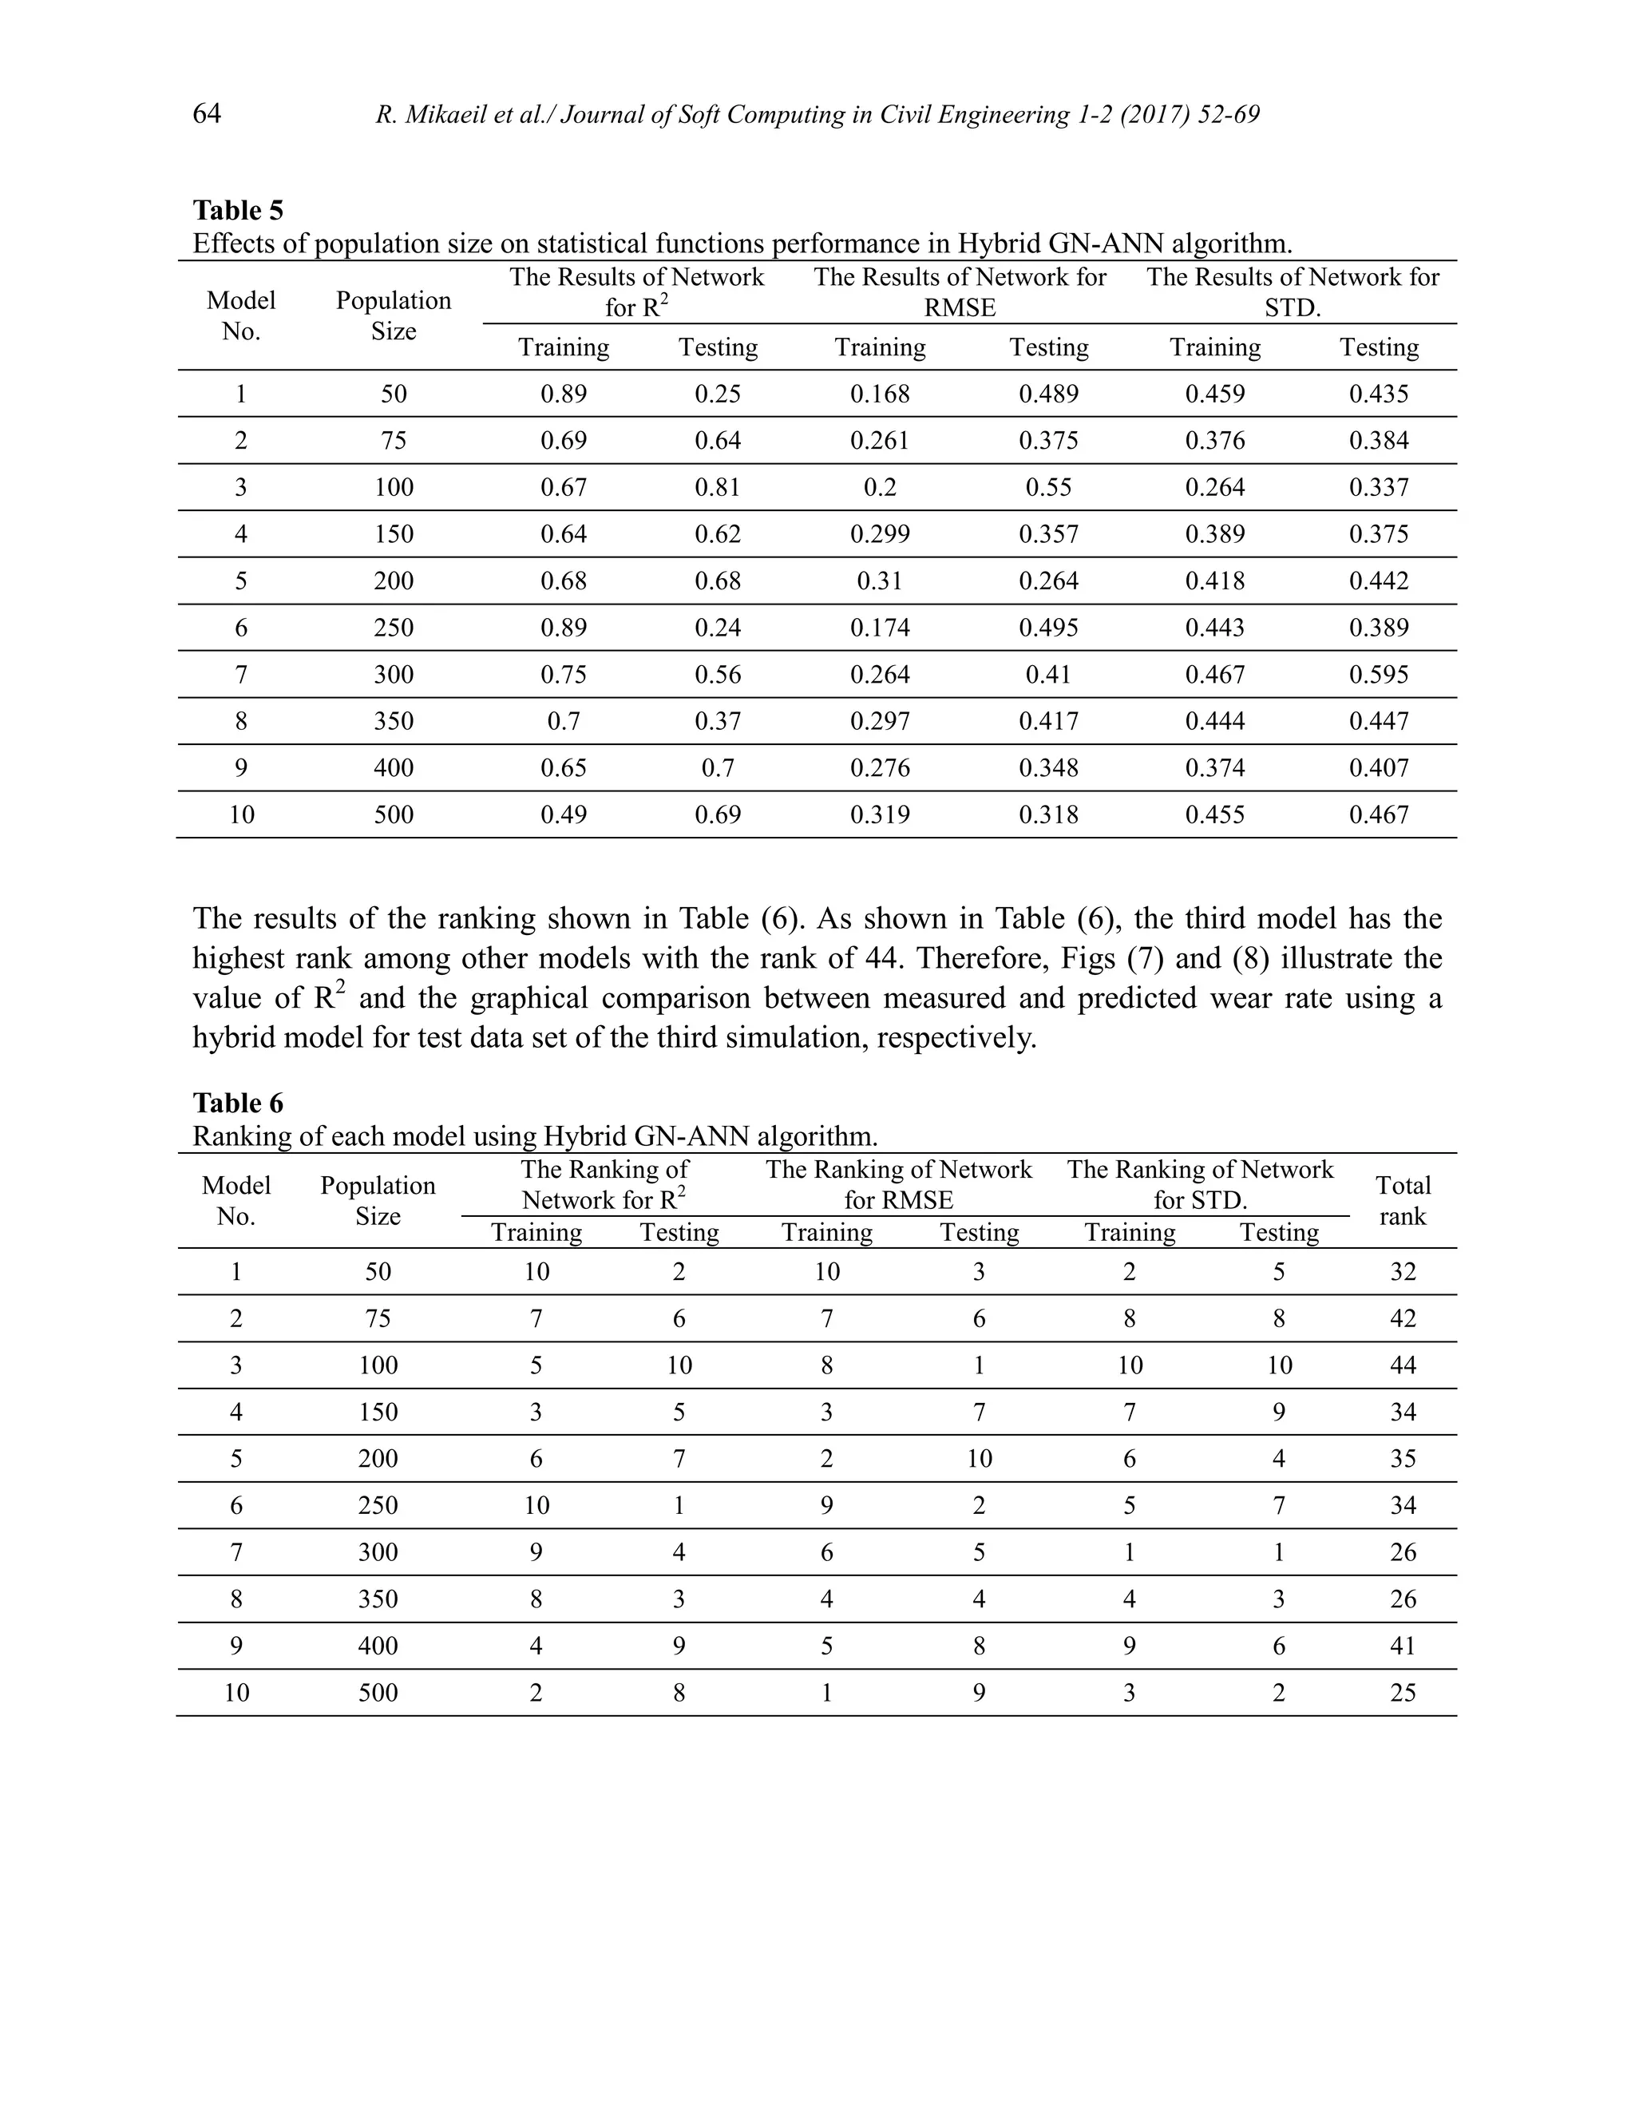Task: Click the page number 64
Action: tap(206, 114)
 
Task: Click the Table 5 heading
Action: tap(237, 210)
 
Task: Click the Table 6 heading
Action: tap(237, 1103)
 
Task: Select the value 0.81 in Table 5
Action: tap(717, 487)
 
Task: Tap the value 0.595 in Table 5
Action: tap(1378, 675)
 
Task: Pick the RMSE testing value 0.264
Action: tap(1048, 581)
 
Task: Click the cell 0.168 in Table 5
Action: tap(880, 394)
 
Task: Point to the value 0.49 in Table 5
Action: tap(563, 814)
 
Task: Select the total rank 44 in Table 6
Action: tap(1402, 1365)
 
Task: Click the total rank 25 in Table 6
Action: tap(1402, 1693)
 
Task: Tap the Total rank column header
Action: tap(1402, 1200)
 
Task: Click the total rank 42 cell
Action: tap(1402, 1318)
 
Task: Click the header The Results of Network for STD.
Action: tap(1293, 291)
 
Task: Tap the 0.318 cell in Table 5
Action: tap(1048, 814)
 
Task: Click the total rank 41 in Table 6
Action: tap(1402, 1646)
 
